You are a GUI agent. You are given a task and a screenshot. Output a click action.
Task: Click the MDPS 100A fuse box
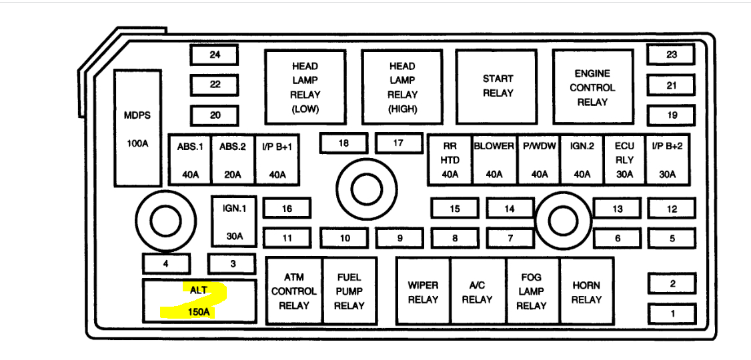pyautogui.click(x=137, y=128)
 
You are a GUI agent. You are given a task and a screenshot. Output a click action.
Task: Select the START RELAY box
pyautogui.click(x=498, y=86)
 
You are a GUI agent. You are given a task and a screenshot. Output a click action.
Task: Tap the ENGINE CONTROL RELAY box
pyautogui.click(x=592, y=86)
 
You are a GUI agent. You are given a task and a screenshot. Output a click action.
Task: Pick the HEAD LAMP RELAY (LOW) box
pyautogui.click(x=305, y=87)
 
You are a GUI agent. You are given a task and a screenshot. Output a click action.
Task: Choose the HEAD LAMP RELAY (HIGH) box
pyautogui.click(x=402, y=87)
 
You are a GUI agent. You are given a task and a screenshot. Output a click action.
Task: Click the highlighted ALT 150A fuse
pyautogui.click(x=199, y=301)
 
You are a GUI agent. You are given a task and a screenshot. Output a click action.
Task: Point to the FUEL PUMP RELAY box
pyautogui.click(x=349, y=291)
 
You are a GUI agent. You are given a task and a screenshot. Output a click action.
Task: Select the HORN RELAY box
pyautogui.click(x=586, y=291)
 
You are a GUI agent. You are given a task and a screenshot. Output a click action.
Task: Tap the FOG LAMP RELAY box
pyautogui.click(x=532, y=291)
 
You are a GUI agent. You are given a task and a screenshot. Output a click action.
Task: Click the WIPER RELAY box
pyautogui.click(x=424, y=291)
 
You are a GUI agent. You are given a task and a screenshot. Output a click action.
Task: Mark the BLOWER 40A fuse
pyautogui.click(x=494, y=160)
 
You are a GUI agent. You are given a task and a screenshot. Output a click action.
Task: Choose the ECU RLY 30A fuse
pyautogui.click(x=624, y=160)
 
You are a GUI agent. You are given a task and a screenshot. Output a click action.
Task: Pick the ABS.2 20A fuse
pyautogui.click(x=233, y=160)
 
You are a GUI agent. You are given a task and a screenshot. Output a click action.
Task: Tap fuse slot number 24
pyautogui.click(x=215, y=55)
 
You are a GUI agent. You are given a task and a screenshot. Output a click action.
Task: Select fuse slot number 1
pyautogui.click(x=672, y=313)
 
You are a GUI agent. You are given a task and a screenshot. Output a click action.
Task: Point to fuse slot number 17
pyautogui.click(x=398, y=143)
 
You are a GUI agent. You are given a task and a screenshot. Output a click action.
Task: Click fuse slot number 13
pyautogui.click(x=617, y=209)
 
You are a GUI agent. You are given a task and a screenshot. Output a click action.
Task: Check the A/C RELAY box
pyautogui.click(x=477, y=291)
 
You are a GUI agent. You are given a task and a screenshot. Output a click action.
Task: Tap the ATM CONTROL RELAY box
pyautogui.click(x=293, y=291)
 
